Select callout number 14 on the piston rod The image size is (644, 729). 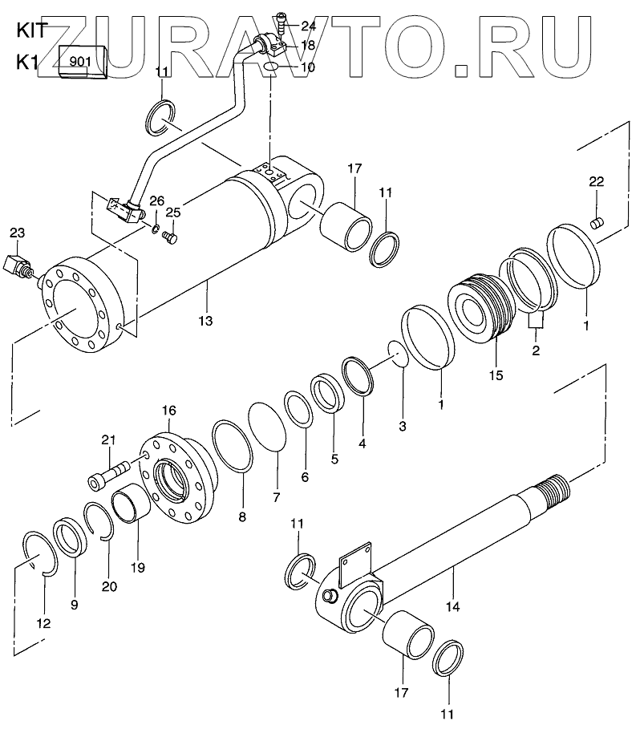[x=453, y=607]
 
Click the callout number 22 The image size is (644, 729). [x=595, y=184]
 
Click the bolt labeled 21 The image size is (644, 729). [x=111, y=474]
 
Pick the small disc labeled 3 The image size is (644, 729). [x=396, y=353]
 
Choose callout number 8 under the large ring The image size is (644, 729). [x=242, y=517]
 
